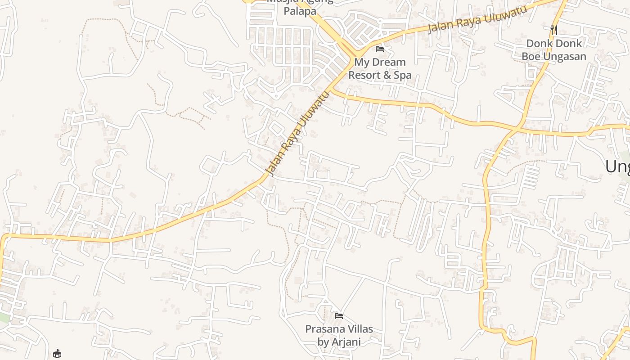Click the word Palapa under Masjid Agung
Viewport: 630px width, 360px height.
300,11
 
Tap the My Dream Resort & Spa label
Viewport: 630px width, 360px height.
380,68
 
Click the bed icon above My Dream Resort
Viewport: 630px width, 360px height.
380,49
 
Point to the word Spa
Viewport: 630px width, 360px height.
402,75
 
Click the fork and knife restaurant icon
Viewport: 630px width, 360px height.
554,30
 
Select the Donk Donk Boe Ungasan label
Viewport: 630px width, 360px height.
554,49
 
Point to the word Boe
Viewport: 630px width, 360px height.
531,56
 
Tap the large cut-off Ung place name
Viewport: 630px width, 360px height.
617,166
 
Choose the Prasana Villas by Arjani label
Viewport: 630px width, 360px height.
339,335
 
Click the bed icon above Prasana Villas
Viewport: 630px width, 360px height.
339,316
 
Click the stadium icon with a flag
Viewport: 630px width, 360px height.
57,354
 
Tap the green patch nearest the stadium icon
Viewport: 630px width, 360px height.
4,317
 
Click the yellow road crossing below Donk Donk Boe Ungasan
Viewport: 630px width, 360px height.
517,129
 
